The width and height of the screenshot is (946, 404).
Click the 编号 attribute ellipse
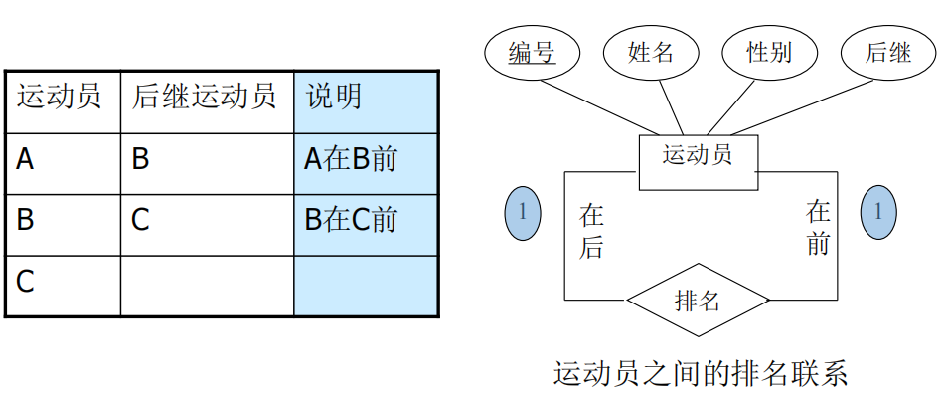[x=532, y=52]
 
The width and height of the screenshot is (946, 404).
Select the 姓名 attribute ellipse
[x=651, y=52]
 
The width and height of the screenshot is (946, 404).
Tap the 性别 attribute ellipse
[x=770, y=52]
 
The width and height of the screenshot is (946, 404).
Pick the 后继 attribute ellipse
[x=888, y=52]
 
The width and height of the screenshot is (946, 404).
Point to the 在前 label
[x=818, y=227]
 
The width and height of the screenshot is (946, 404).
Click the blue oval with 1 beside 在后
[x=523, y=212]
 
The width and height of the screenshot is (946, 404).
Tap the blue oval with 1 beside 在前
[x=877, y=212]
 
